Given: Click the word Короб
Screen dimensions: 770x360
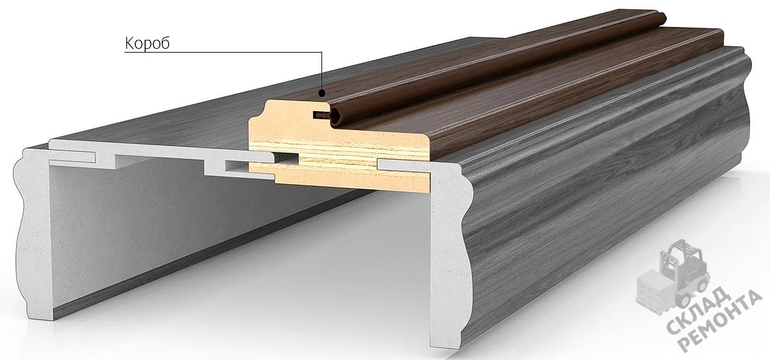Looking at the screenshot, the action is [x=147, y=44].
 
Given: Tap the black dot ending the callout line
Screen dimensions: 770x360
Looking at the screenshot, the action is [x=321, y=93].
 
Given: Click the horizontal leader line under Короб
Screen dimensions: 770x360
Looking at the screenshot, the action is [x=223, y=52].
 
